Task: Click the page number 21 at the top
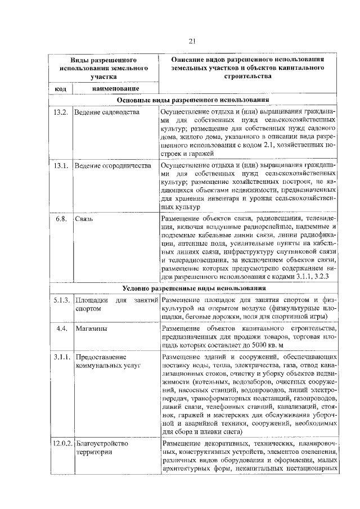tap(191, 40)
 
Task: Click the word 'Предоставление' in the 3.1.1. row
tap(100, 357)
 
